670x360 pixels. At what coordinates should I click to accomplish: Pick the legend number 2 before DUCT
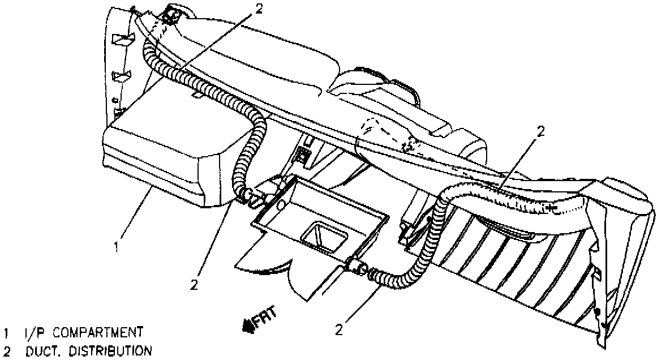click(7, 351)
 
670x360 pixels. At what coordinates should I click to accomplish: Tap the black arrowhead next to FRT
click(248, 325)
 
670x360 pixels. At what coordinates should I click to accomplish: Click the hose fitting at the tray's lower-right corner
click(358, 267)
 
